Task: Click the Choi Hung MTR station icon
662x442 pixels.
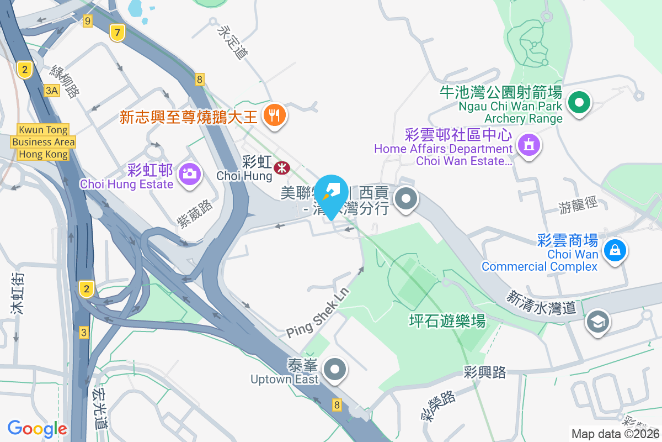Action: click(283, 167)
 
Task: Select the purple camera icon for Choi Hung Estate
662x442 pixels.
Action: click(189, 173)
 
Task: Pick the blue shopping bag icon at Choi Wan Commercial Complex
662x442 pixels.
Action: click(615, 249)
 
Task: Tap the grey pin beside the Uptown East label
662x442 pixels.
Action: click(334, 369)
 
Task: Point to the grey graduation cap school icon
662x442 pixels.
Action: click(597, 321)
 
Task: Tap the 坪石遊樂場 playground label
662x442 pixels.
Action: click(447, 320)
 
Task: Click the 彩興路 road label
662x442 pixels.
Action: click(485, 372)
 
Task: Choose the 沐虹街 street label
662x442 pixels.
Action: click(17, 301)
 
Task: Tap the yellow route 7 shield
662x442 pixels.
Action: click(116, 33)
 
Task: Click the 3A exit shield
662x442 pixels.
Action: click(52, 91)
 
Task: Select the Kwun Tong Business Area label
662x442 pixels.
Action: click(43, 142)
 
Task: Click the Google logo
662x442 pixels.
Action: click(38, 428)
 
